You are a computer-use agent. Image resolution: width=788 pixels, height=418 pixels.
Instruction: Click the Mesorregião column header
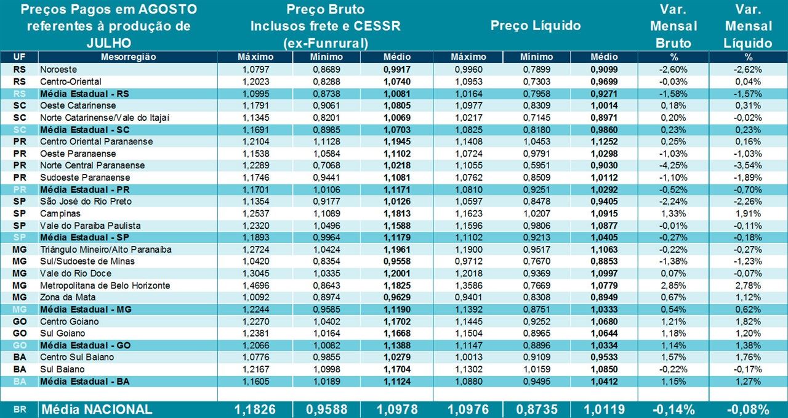(x=128, y=57)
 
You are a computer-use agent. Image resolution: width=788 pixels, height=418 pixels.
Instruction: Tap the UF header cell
(x=19, y=57)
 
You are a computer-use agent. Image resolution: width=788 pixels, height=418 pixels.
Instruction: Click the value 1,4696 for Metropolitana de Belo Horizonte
(x=255, y=285)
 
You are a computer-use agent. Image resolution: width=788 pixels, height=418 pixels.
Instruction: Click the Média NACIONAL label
(x=96, y=409)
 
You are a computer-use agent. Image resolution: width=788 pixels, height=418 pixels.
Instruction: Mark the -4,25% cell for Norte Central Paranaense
(x=673, y=165)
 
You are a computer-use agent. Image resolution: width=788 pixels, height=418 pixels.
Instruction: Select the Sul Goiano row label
(x=62, y=334)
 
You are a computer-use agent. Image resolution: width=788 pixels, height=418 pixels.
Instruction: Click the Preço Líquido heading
(x=536, y=26)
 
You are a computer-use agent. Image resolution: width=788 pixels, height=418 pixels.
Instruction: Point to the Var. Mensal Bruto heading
(x=673, y=26)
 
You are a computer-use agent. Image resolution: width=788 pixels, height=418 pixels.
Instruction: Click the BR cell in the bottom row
(x=19, y=409)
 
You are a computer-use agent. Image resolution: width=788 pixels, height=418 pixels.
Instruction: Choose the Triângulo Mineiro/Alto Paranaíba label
(x=105, y=249)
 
